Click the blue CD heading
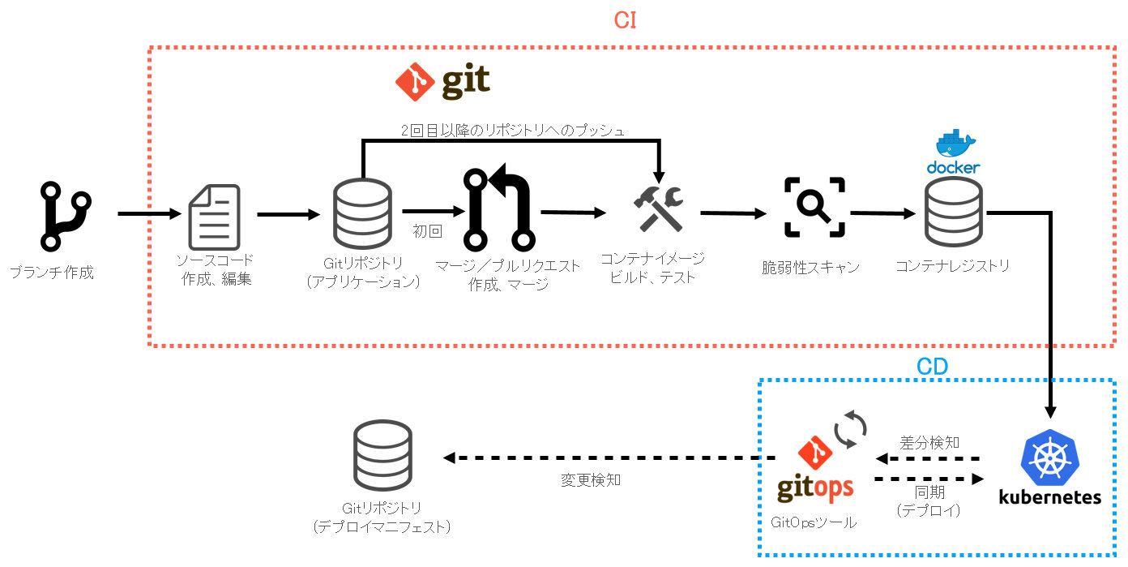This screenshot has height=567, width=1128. pos(932,367)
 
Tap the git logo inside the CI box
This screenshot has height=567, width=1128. pos(442,81)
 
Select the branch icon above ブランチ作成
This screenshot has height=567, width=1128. pos(66,216)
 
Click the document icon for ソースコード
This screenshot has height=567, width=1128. pos(214,217)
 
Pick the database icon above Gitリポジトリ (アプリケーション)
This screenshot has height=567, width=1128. pos(362,214)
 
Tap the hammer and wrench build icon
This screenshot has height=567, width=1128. pos(657,208)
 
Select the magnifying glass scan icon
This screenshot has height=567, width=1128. pos(814,208)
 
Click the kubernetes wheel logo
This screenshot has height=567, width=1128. pos(1049,456)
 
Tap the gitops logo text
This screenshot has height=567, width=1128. pos(814,486)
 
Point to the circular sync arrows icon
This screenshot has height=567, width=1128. pos(851,430)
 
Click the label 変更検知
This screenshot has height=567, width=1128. pos(591,480)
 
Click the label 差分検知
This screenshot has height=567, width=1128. pos(929,443)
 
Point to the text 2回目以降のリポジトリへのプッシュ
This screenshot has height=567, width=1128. pos(513,130)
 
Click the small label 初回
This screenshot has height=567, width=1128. pos(428,231)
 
